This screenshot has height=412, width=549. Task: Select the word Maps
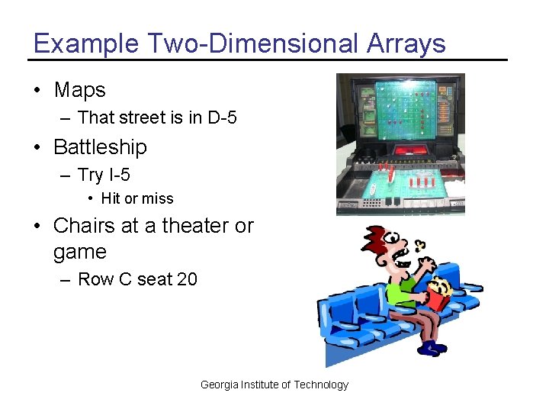(x=79, y=90)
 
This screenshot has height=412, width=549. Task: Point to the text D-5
(x=222, y=117)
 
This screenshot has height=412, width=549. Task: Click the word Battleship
(x=100, y=146)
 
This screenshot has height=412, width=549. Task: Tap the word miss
(x=158, y=198)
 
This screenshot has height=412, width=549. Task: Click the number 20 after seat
(x=187, y=279)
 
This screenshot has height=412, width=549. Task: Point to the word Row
(x=95, y=279)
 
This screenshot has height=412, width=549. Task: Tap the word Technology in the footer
(x=321, y=385)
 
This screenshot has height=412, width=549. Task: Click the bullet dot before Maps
(x=37, y=90)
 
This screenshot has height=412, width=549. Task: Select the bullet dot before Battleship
(x=37, y=146)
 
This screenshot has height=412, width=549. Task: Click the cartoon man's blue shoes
(x=432, y=348)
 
